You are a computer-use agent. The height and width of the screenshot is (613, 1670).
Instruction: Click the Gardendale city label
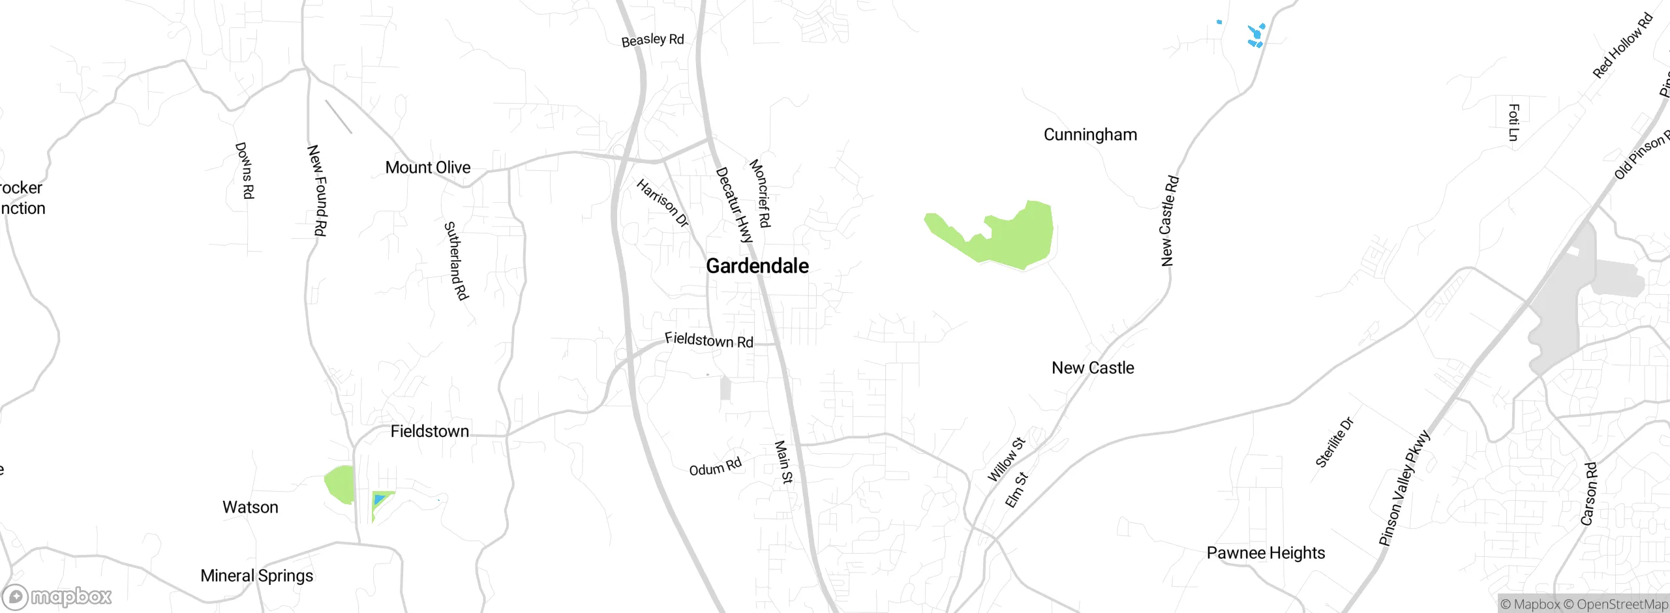[x=757, y=266]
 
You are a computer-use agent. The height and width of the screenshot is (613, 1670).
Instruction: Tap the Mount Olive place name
[x=427, y=168]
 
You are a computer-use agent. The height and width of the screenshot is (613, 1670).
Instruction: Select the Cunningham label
[x=1090, y=135]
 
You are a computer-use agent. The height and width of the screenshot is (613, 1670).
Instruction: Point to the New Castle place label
[x=1093, y=368]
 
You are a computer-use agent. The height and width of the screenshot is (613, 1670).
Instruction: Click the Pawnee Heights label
[x=1266, y=553]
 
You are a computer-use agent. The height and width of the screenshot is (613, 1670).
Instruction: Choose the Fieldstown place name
[x=429, y=431]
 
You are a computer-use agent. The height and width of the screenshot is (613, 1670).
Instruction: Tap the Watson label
[x=250, y=507]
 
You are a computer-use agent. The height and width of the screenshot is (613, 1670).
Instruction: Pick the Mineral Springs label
[x=256, y=576]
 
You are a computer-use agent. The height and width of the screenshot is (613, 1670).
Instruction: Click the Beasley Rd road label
[x=652, y=40]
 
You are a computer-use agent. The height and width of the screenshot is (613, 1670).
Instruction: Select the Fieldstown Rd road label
[x=708, y=340]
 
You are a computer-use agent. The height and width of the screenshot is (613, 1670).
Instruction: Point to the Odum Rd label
[x=715, y=467]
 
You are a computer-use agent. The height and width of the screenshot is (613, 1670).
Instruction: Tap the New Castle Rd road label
[x=1169, y=220]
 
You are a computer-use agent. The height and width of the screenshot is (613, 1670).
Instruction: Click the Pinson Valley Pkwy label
[x=1404, y=488]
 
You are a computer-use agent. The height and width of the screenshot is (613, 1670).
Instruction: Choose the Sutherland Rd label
[x=456, y=261]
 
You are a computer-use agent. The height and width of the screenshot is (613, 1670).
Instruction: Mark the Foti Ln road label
[x=1513, y=123]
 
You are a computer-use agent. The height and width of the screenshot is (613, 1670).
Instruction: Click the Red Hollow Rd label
[x=1622, y=46]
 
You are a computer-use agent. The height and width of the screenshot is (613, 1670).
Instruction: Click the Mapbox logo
[x=57, y=596]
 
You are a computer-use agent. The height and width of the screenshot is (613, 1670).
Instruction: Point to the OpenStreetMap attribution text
[x=1620, y=605]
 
